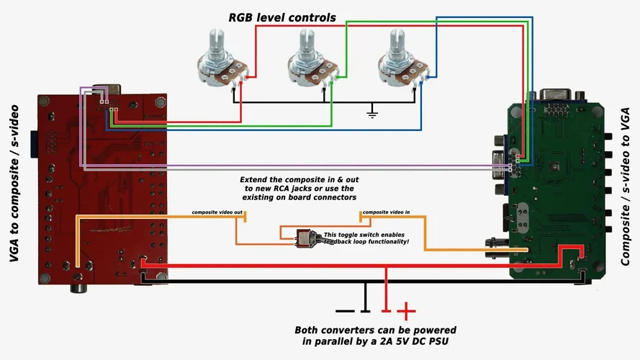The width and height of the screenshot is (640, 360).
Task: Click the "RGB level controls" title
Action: tap(282, 17)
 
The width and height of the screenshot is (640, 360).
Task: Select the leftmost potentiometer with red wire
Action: tap(220, 61)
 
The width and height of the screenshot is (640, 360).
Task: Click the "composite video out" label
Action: tap(217, 213)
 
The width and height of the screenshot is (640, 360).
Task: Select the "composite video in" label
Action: tap(387, 213)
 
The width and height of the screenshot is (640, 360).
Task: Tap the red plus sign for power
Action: tap(407, 311)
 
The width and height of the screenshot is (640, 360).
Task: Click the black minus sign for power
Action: tap(345, 311)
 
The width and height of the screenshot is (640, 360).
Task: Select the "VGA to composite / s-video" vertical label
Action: tap(14, 183)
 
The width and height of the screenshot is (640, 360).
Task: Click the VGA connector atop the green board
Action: tap(557, 94)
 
